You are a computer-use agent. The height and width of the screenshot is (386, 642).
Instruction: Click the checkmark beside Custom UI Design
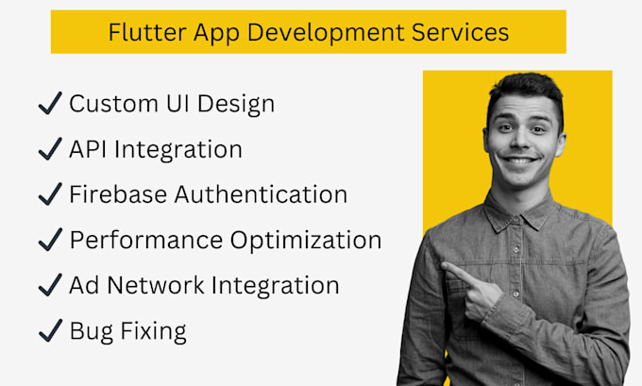pyautogui.click(x=50, y=104)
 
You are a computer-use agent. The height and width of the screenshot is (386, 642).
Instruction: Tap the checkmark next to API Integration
pyautogui.click(x=50, y=149)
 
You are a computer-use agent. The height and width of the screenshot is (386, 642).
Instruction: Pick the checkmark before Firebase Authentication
pyautogui.click(x=50, y=194)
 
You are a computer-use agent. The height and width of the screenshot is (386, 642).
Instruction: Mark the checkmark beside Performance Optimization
pyautogui.click(x=50, y=240)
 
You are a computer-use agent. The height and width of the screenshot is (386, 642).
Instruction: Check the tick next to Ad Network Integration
pyautogui.click(x=50, y=285)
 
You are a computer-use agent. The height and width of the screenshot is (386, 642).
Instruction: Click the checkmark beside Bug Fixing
pyautogui.click(x=50, y=330)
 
